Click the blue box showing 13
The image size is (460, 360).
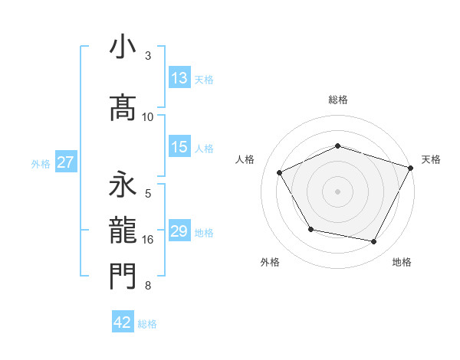pos(179,78)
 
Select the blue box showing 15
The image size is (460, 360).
pos(179,147)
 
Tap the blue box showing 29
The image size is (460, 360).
pos(179,231)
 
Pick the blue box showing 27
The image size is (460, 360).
pos(66,162)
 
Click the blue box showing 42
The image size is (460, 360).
pos(123,322)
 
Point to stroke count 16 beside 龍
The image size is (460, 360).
pos(148,240)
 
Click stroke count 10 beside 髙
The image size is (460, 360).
pos(148,117)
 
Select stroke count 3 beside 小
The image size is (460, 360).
pos(148,56)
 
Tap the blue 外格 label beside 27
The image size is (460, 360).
pos(41,163)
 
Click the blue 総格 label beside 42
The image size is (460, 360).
pos(147,324)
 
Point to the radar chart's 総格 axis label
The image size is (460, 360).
pos(337,100)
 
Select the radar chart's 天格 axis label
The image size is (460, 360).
pos(431,159)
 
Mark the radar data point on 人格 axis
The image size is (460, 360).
pos(280,173)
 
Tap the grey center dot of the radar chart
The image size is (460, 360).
pos(337,191)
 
